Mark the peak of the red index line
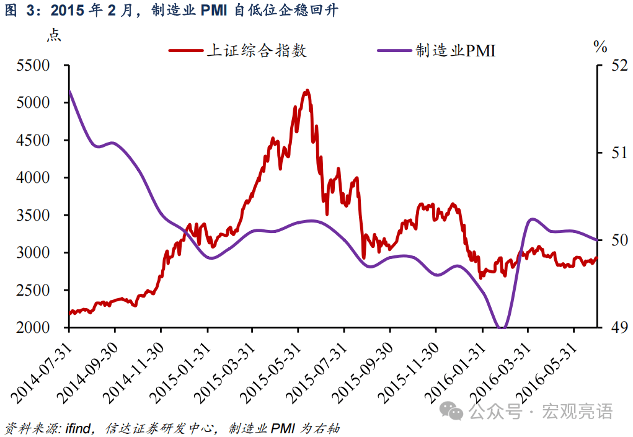[307, 90]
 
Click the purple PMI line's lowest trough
[502, 327]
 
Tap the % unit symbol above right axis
[600, 46]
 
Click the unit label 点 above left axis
[54, 35]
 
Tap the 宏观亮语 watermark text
[577, 411]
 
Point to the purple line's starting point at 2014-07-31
[69, 91]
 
